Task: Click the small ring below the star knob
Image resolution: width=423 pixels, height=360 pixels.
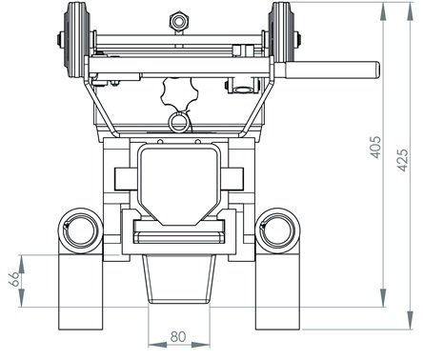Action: (177, 122)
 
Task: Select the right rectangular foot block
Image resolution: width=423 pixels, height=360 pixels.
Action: (275, 290)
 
